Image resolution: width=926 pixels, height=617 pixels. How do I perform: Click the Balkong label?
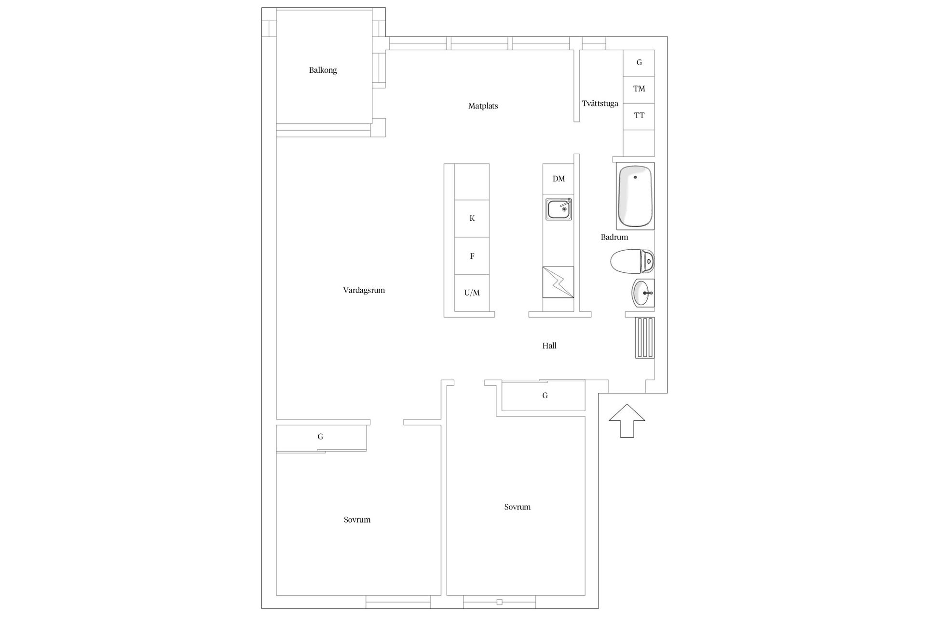[323, 70]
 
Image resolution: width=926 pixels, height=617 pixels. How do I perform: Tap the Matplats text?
[483, 106]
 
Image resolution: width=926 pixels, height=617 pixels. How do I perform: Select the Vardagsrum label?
[364, 290]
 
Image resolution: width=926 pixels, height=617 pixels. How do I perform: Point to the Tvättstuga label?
[600, 104]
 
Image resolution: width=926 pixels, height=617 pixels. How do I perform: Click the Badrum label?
[614, 237]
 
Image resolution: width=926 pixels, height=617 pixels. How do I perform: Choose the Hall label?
[549, 346]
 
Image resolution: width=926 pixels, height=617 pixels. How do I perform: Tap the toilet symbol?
[632, 262]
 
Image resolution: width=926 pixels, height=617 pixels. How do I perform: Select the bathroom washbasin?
[643, 293]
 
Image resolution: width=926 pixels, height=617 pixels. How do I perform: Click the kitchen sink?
[559, 209]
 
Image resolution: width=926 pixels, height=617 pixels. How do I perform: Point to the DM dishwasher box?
[558, 179]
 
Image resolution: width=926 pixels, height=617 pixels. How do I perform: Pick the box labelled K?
[472, 218]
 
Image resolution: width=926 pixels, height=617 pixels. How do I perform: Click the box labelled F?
[472, 256]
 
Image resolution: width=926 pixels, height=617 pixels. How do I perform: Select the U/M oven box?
[472, 293]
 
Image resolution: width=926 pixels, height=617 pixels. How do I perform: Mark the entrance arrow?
[626, 421]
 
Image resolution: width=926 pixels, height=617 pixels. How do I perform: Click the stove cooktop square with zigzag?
[558, 282]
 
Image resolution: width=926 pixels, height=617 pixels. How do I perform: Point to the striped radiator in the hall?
[644, 337]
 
